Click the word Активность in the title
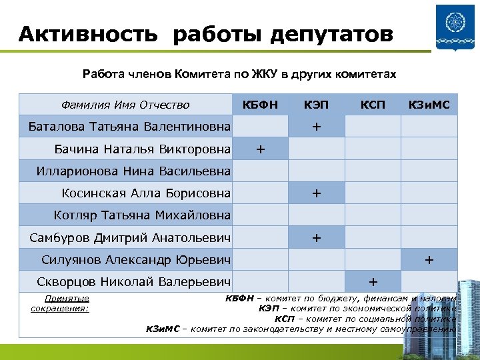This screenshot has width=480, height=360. pos(88,33)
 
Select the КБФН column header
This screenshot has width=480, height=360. pos(260,105)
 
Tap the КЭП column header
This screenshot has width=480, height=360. pos(316,105)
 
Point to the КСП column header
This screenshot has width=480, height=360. pos(372,105)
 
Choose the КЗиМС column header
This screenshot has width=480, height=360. pos(429,105)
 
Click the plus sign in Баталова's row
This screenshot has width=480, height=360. pos(316,127)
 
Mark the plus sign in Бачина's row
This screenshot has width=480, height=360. pos(260,149)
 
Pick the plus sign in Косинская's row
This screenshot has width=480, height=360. pos(316,193)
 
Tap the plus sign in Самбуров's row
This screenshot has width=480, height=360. pos(316,237)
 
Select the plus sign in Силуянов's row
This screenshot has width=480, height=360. pos(429,259)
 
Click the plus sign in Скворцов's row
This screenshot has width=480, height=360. pos(372,281)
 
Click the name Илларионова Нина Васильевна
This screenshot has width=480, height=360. pos(133,171)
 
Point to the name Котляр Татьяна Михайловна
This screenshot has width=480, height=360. pos(142,215)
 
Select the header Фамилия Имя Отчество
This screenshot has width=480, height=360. pos(125,105)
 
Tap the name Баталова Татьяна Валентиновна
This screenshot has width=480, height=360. pos(130,127)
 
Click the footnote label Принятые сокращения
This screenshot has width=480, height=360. pos(61,303)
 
